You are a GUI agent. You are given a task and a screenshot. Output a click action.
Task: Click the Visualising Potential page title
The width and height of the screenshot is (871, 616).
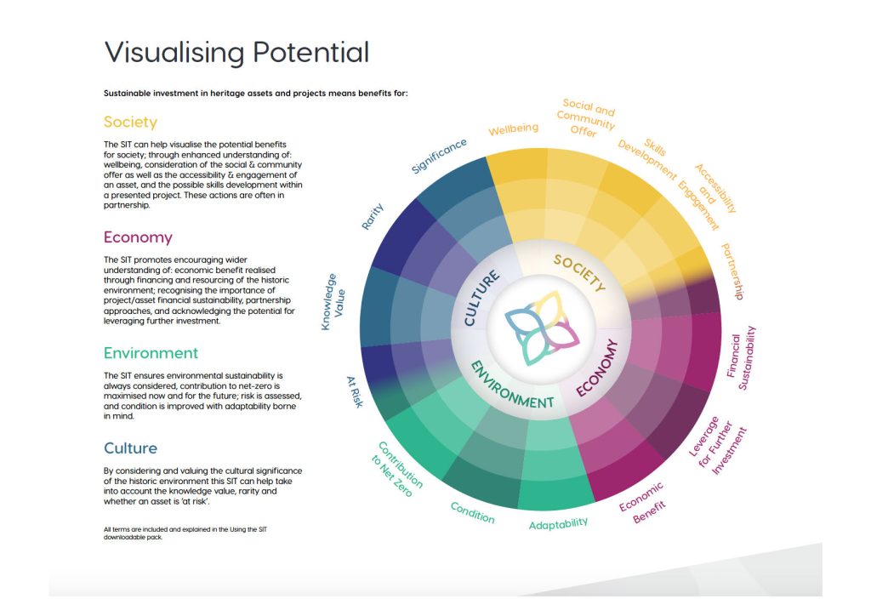pyautogui.click(x=236, y=52)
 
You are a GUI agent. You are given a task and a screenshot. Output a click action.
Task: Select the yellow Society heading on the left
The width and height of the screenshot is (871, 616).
pyautogui.click(x=130, y=122)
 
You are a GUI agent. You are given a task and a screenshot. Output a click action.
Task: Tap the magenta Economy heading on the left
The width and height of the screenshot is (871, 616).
pyautogui.click(x=138, y=237)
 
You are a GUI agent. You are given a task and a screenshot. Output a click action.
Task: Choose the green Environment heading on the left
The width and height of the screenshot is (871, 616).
pyautogui.click(x=151, y=353)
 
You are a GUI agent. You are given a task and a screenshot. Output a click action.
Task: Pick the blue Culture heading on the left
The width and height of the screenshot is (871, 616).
pyautogui.click(x=130, y=448)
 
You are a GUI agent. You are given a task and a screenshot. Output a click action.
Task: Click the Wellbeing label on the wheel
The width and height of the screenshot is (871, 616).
pyautogui.click(x=513, y=129)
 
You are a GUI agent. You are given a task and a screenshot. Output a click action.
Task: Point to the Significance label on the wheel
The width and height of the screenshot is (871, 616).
pyautogui.click(x=439, y=156)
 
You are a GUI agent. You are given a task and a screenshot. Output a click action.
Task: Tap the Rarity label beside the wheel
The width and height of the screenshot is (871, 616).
pyautogui.click(x=373, y=217)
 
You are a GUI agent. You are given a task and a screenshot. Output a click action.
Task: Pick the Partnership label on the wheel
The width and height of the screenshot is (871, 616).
pyautogui.click(x=732, y=271)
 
